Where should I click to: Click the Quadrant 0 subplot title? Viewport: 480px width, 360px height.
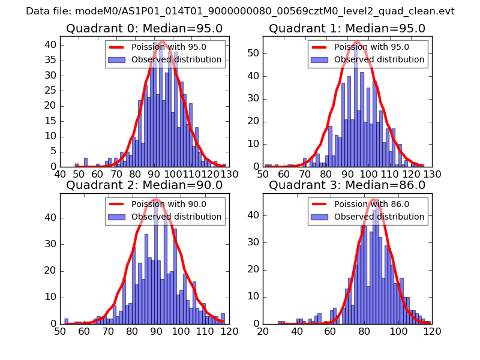coord(144,28)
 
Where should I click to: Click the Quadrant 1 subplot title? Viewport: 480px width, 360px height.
coord(347,28)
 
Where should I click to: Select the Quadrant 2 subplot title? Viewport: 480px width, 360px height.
coord(144,185)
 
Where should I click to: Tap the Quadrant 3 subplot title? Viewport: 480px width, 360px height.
coord(347,185)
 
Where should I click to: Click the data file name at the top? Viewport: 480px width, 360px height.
coord(240,11)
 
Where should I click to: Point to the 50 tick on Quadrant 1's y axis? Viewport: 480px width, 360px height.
coord(257,53)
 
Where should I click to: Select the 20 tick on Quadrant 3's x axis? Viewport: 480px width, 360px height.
coord(263,331)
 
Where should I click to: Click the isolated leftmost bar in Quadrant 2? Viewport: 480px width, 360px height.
coord(66,321)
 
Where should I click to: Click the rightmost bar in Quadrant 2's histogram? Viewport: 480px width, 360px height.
coord(223,319)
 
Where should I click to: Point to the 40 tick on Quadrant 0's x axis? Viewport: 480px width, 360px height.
coord(61,174)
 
